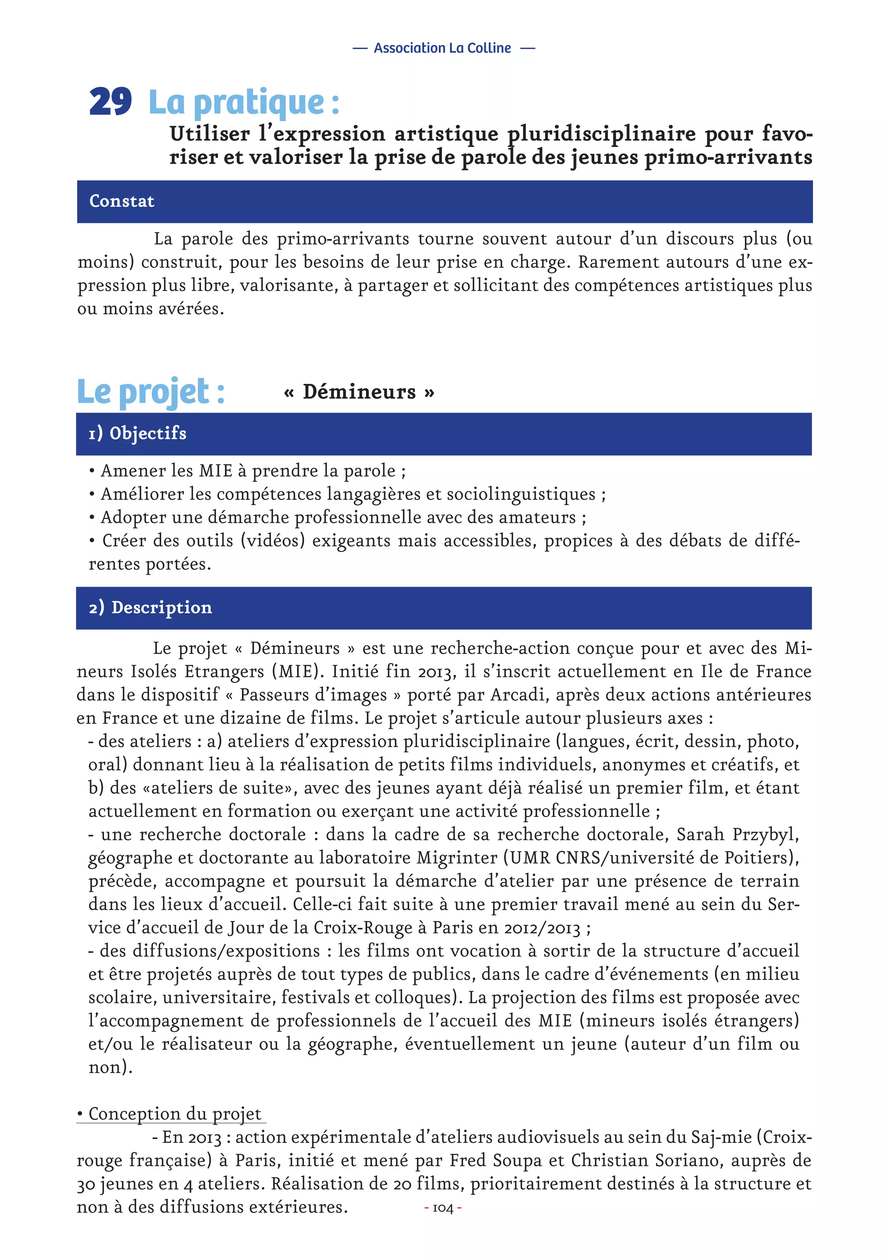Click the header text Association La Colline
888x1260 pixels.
[x=442, y=48]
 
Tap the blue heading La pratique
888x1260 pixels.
[x=244, y=103]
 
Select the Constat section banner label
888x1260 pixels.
[x=122, y=202]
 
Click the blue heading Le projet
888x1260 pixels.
[x=151, y=392]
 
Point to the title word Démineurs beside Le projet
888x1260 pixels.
[x=359, y=392]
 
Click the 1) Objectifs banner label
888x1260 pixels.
[x=138, y=434]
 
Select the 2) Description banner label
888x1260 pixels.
[x=150, y=607]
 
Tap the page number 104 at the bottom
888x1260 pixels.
[x=443, y=1208]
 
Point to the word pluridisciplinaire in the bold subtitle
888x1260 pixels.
[x=601, y=134]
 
